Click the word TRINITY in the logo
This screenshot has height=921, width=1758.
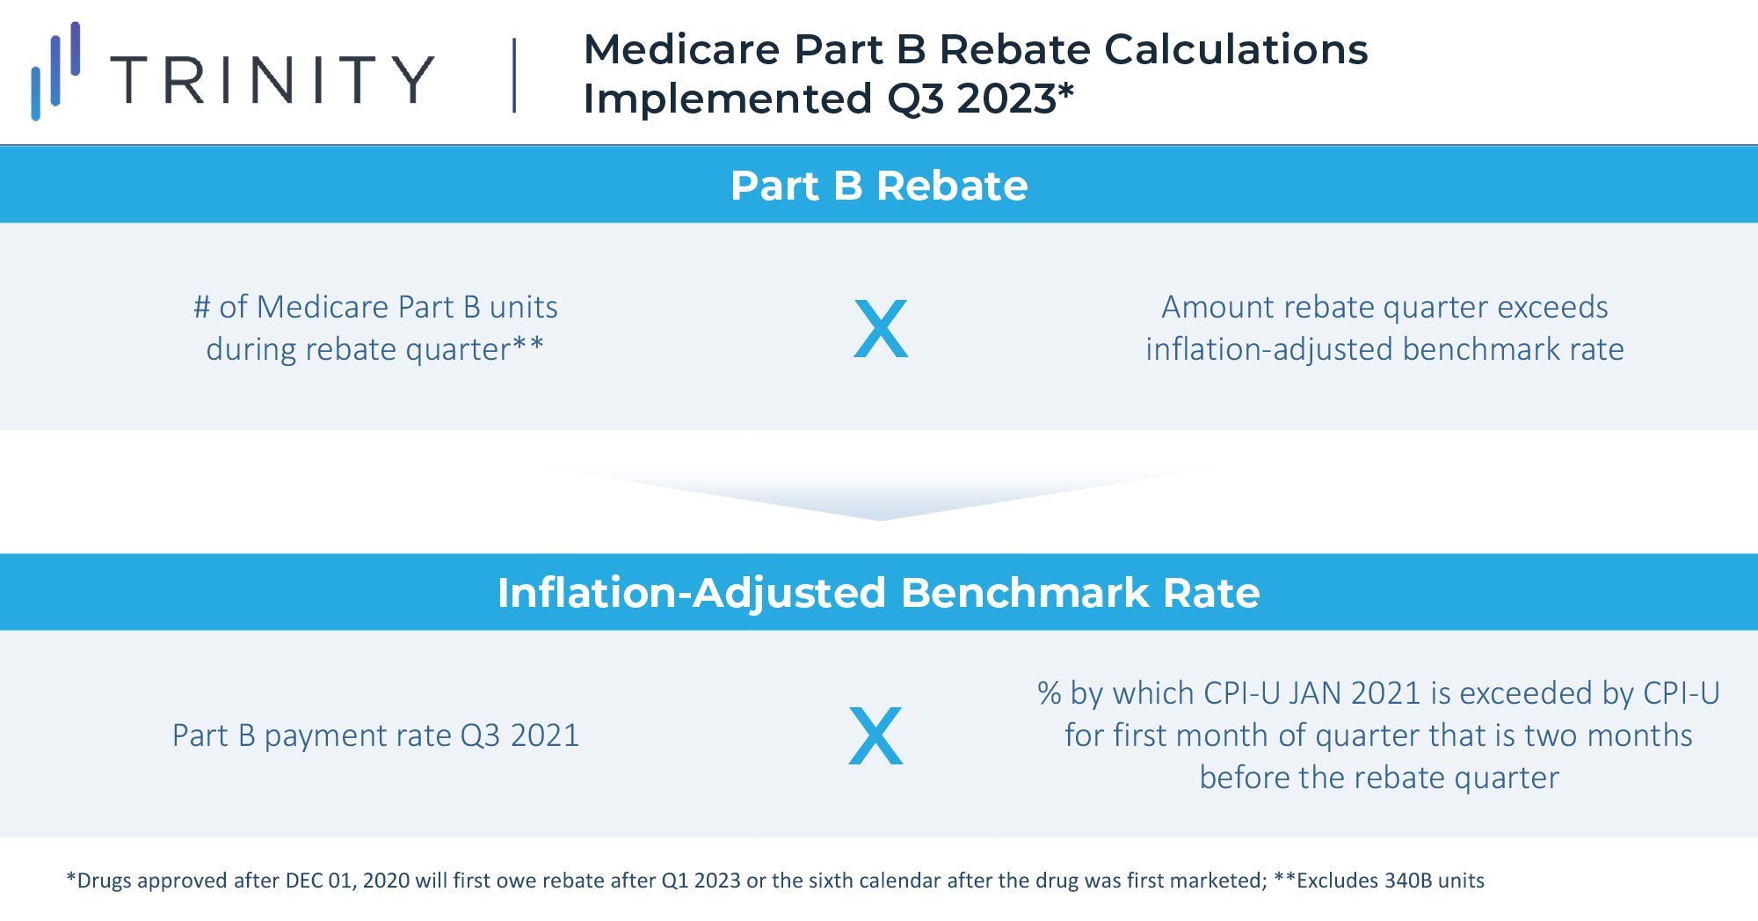coord(272,79)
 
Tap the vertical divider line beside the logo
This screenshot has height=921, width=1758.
coord(514,76)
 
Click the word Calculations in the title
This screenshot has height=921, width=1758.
coord(1236,49)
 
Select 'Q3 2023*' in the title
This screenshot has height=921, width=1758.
coord(980,99)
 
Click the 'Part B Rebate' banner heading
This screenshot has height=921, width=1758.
coord(879,186)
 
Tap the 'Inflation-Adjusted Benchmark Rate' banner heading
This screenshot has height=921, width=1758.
coord(879,593)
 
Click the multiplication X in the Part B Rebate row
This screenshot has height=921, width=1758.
coord(881,329)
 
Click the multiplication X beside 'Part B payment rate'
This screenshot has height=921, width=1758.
coord(875,735)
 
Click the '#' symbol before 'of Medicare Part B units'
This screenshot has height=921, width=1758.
coord(202,307)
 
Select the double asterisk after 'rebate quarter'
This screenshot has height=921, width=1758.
coord(528,347)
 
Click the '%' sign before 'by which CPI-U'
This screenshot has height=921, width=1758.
coord(1049,693)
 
